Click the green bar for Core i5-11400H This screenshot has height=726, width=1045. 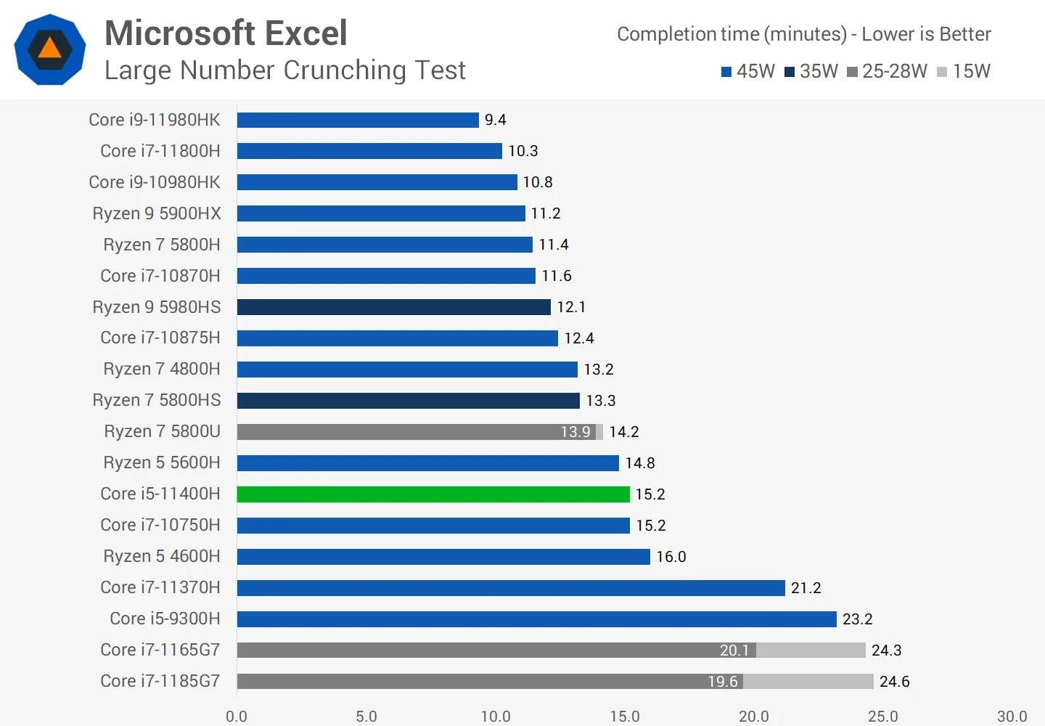[x=433, y=494]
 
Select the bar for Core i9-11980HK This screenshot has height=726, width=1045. [x=358, y=120]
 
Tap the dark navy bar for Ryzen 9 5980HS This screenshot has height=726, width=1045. [x=393, y=307]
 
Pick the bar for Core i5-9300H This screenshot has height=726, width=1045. [x=536, y=619]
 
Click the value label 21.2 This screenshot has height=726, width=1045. [x=806, y=588]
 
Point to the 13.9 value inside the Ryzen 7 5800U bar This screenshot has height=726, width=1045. [x=575, y=432]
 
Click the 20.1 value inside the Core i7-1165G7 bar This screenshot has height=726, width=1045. [x=734, y=650]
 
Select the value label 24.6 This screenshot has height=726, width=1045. [x=895, y=682]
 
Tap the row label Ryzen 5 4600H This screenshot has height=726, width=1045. [x=162, y=556]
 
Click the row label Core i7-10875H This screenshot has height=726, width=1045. [x=160, y=338]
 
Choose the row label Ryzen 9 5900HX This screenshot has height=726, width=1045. [x=157, y=213]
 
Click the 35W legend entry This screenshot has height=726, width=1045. [x=811, y=71]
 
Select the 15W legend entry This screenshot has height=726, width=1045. [x=964, y=71]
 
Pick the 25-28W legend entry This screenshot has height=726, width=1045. [x=887, y=71]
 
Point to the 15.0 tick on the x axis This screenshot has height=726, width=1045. [x=625, y=717]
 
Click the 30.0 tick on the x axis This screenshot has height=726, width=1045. [x=1012, y=717]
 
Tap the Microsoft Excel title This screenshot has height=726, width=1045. [x=226, y=33]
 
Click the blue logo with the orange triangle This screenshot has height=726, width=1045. [x=50, y=49]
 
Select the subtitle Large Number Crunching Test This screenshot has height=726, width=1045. [x=285, y=70]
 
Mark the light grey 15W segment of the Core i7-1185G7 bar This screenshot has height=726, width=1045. [x=808, y=682]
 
